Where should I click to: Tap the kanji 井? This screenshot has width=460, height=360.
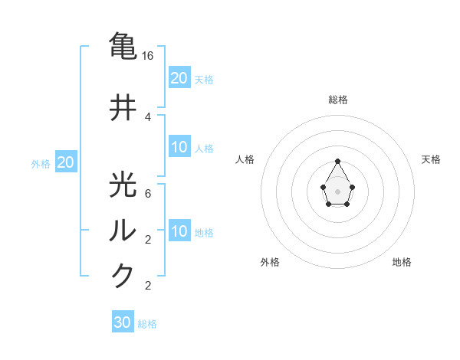(x=123, y=108)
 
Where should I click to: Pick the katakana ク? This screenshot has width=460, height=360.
(x=123, y=274)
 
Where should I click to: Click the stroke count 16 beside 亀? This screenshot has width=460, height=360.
(x=149, y=56)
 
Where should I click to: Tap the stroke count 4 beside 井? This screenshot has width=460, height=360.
(x=148, y=117)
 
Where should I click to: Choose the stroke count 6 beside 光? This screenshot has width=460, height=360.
(x=148, y=193)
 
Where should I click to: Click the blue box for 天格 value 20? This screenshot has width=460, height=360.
(x=179, y=78)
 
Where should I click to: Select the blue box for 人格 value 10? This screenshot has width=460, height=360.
(x=179, y=148)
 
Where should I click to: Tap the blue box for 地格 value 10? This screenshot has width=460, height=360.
(x=179, y=231)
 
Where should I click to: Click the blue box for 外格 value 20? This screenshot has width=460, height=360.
(x=66, y=162)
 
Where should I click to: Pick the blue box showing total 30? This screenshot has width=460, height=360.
(x=123, y=322)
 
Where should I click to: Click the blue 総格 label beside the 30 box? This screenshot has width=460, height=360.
(x=147, y=324)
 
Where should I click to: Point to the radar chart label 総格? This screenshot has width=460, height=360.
(x=337, y=100)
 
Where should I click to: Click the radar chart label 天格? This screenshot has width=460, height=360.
(x=431, y=159)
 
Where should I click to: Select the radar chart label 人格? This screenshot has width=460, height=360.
(x=245, y=159)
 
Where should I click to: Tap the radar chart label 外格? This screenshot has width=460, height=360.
(x=270, y=262)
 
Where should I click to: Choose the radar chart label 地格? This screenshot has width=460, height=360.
(x=402, y=262)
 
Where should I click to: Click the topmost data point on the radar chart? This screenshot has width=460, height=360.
(x=337, y=161)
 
